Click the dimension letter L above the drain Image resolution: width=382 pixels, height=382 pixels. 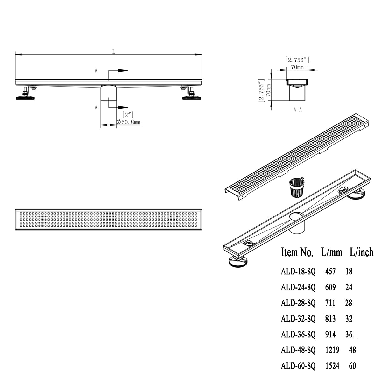point(113,52)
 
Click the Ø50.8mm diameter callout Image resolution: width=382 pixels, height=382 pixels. point(129,122)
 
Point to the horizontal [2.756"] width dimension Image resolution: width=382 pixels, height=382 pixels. point(297,60)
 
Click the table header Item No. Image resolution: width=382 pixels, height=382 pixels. point(297,253)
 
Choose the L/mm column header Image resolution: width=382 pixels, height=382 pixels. point(331,253)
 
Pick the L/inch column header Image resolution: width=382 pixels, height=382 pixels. point(361,253)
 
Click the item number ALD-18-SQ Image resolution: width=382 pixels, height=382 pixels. point(298,272)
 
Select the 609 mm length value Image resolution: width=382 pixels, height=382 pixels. point(330,287)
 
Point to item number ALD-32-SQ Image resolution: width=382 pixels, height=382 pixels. point(298,319)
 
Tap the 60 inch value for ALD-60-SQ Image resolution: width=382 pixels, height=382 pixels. point(352,366)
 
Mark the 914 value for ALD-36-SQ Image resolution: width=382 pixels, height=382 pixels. point(330,334)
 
